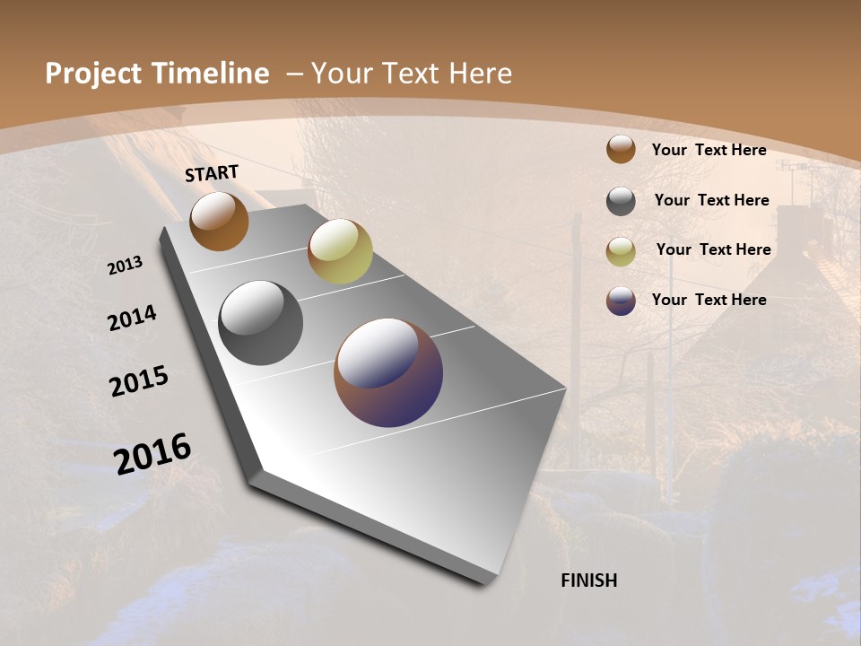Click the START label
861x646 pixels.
coord(212,173)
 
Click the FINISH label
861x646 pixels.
coord(589,581)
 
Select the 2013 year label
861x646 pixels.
coord(126,266)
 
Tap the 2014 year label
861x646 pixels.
coord(132,318)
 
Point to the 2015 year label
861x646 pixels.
coord(139,381)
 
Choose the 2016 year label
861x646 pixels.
coord(152,453)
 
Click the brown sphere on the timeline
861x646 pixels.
coord(219,221)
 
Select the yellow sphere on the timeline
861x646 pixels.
coord(340,251)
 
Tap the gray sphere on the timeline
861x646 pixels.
coord(260,323)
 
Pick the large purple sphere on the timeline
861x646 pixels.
coord(388,372)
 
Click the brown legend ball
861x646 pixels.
coord(621,150)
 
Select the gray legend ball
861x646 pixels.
coord(621,201)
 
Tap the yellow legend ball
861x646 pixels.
coord(621,251)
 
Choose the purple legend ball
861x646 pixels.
coord(621,301)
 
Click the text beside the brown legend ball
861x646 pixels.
coord(709,150)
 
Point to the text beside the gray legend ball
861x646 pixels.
coord(711,200)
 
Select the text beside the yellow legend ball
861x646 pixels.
coord(713,249)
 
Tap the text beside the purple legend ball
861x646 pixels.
coord(709,300)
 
